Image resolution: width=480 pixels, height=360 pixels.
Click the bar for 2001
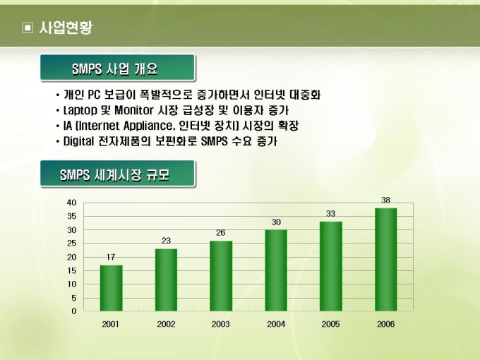click(111, 288)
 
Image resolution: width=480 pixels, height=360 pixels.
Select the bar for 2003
click(221, 276)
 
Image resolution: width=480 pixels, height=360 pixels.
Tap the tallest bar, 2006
click(385, 260)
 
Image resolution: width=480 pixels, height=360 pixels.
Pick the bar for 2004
click(276, 270)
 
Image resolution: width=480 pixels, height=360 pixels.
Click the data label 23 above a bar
click(166, 241)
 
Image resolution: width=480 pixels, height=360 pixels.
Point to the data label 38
click(385, 200)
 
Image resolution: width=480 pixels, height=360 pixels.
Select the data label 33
click(330, 214)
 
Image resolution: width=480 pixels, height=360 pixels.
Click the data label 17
click(111, 257)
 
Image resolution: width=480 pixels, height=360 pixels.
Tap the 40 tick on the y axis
click(71, 203)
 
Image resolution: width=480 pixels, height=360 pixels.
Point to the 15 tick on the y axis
click(71, 270)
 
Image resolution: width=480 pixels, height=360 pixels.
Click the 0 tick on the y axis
click(74, 311)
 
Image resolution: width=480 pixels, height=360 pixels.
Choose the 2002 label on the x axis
click(166, 324)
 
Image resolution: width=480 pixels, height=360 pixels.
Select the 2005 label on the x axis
click(330, 324)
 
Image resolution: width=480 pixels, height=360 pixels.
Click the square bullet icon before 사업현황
click(28, 28)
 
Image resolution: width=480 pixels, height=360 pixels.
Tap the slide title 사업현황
click(66, 28)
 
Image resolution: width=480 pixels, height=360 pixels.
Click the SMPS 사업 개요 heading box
click(118, 68)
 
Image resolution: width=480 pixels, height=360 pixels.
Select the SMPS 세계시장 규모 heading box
click(118, 174)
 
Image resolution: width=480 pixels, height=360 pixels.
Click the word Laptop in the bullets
click(80, 110)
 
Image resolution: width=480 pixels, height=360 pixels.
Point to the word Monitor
click(134, 110)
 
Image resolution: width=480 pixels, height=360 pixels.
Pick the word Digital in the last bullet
click(78, 141)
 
